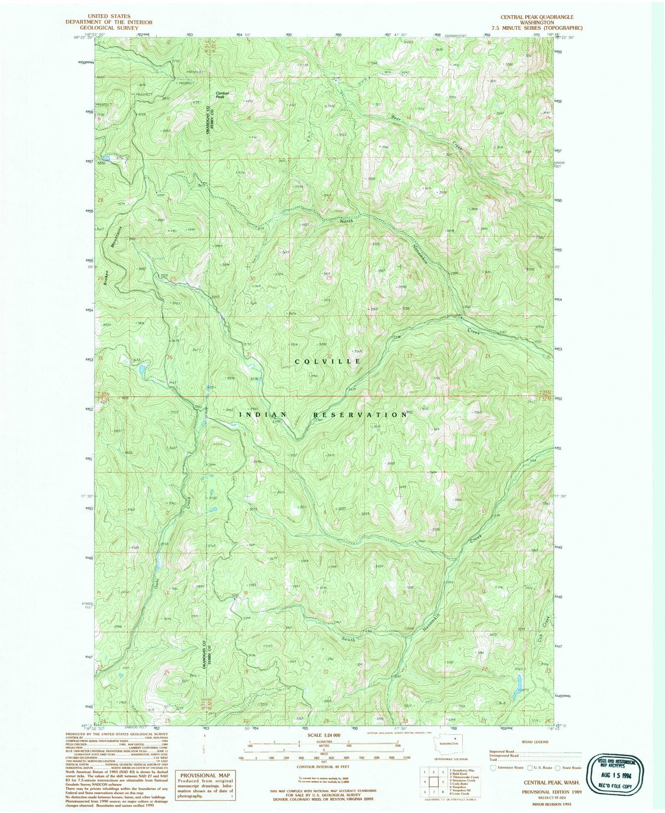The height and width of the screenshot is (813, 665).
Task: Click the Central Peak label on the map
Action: tap(223, 95)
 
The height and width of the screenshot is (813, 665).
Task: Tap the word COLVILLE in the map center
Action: tap(328, 362)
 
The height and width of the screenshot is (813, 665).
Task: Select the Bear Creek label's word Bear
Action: tap(396, 118)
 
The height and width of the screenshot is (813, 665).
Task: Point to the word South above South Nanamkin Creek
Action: tap(349, 639)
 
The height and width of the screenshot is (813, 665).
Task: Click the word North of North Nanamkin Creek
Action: tap(347, 221)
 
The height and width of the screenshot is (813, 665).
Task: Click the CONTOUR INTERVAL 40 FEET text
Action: tap(322, 767)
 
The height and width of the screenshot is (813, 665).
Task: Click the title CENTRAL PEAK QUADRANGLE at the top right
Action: tap(537, 17)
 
